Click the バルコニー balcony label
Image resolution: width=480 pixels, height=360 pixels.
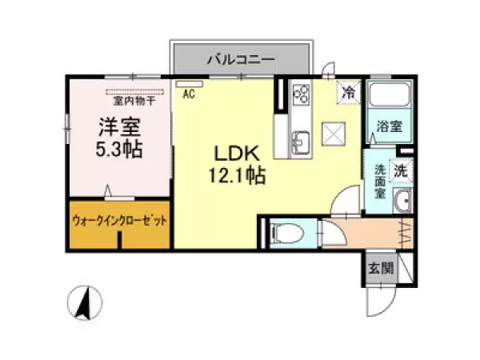tap(241, 58)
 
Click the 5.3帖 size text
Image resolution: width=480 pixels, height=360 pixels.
tap(118, 150)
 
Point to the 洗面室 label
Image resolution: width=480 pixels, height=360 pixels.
tap(381, 181)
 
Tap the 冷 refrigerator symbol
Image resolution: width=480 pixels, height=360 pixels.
tap(350, 92)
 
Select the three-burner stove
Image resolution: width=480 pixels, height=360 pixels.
tap(302, 94)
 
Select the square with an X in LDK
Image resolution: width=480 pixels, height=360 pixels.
tap(333, 133)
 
